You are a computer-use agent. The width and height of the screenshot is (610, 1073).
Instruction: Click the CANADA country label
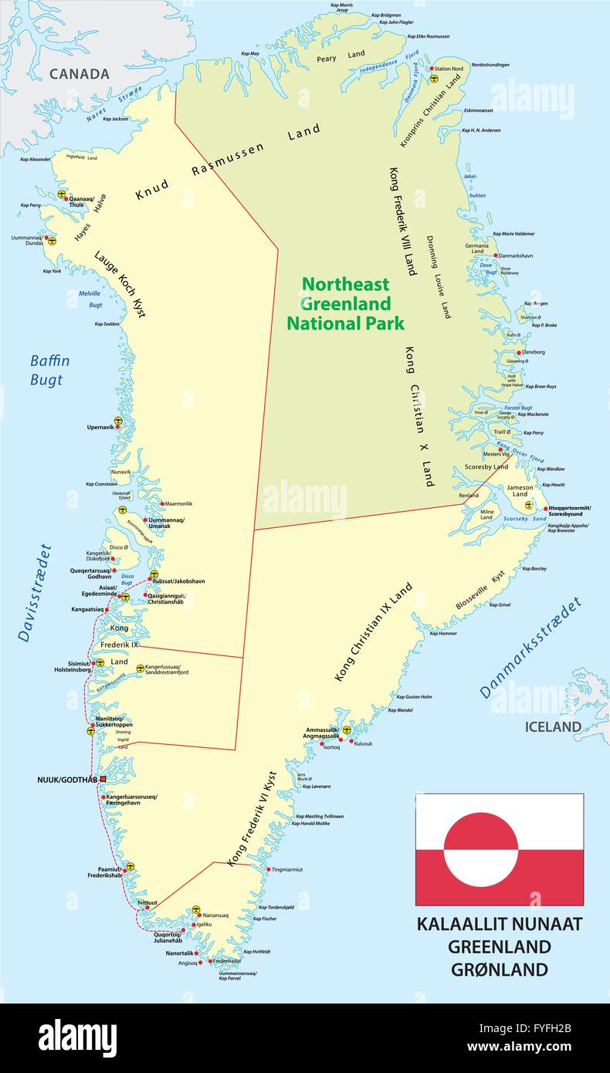(x=80, y=74)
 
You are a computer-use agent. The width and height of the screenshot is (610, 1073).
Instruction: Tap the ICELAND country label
(x=553, y=726)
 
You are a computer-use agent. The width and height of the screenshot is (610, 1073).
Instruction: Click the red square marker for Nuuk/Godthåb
(x=103, y=780)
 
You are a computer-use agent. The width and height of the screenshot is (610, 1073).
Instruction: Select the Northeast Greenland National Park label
(x=345, y=303)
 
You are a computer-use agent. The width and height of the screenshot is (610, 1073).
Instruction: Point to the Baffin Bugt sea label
(x=50, y=370)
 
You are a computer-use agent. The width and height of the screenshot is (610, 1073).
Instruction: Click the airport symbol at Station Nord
(x=434, y=78)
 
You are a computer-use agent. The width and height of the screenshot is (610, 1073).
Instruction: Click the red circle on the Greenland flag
(x=481, y=849)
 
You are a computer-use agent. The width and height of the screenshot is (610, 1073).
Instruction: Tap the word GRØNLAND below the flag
(x=500, y=969)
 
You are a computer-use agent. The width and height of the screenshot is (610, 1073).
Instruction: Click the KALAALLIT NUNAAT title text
(x=500, y=924)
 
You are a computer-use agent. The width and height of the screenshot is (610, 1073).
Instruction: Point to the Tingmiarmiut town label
(x=287, y=869)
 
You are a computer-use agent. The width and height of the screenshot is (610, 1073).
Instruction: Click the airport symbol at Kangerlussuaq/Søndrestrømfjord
(x=140, y=669)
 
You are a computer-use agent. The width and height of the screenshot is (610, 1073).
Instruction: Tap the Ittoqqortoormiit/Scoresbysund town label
(x=570, y=510)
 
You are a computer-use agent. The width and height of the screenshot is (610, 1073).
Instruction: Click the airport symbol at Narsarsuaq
(x=196, y=909)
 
